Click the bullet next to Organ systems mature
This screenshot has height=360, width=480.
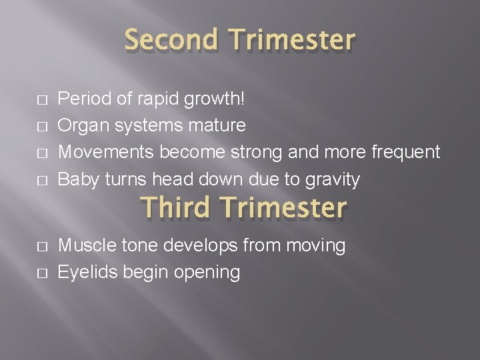point(42,126)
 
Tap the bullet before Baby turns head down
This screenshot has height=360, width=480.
point(42,179)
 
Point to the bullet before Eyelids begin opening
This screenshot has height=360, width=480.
point(42,273)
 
